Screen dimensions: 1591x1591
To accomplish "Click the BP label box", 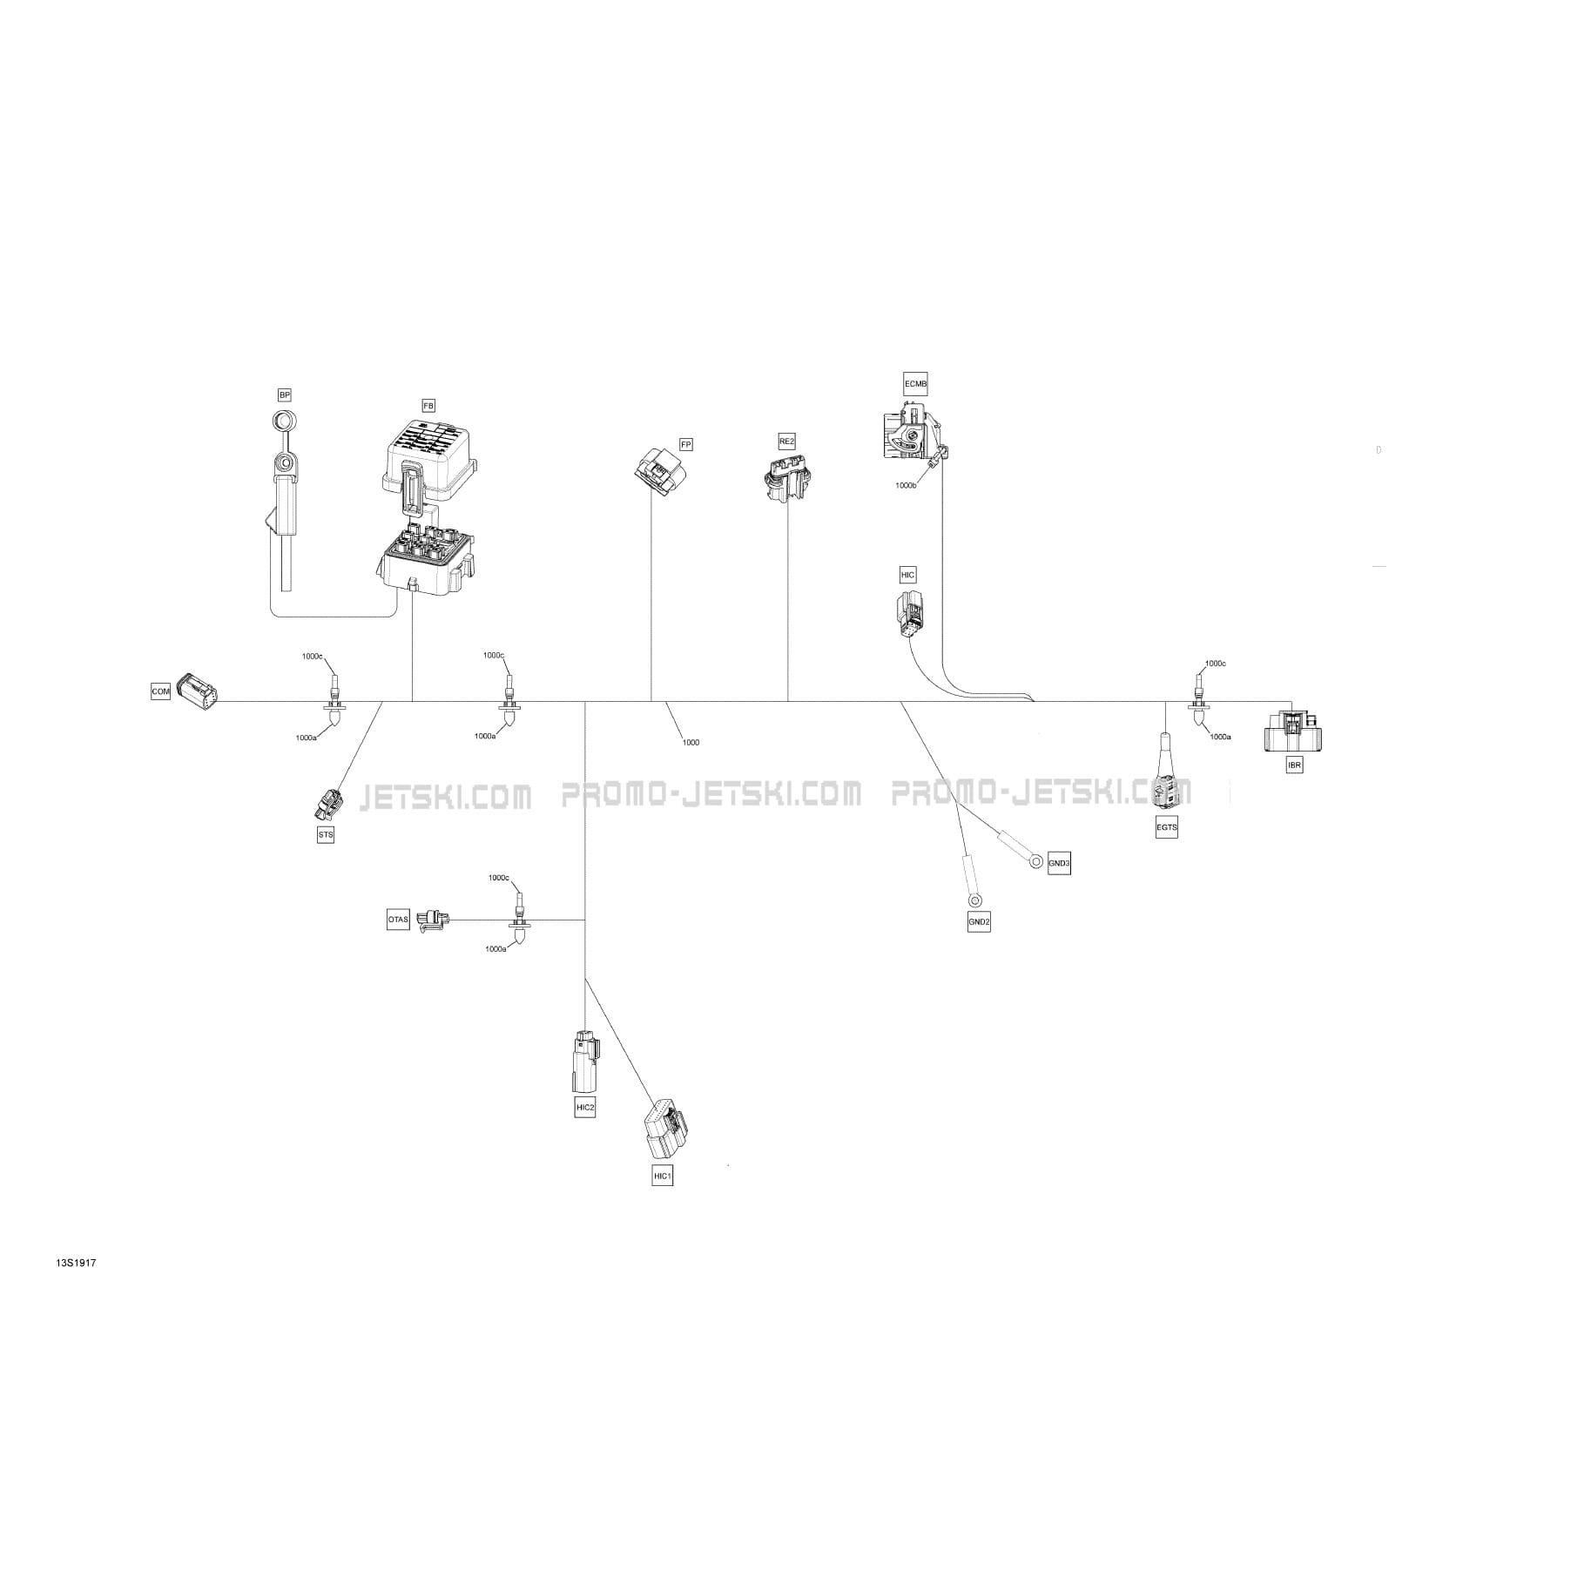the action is tap(285, 394).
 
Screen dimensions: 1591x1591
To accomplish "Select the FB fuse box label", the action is tap(428, 405).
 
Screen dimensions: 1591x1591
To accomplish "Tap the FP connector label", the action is tap(686, 444).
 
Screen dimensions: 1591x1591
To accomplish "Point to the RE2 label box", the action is tap(786, 442).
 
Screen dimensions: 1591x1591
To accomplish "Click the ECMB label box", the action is tap(915, 383).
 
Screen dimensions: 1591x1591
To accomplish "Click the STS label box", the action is tap(326, 834).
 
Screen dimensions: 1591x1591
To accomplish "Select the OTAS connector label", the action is tap(398, 919).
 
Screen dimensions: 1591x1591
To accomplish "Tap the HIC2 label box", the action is tap(585, 1107).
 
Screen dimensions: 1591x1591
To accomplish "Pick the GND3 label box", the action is tap(1059, 863).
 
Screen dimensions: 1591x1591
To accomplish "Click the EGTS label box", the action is tap(1166, 827).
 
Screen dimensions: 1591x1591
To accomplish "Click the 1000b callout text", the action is tap(906, 485).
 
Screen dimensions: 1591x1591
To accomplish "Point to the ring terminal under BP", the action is tap(284, 421).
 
